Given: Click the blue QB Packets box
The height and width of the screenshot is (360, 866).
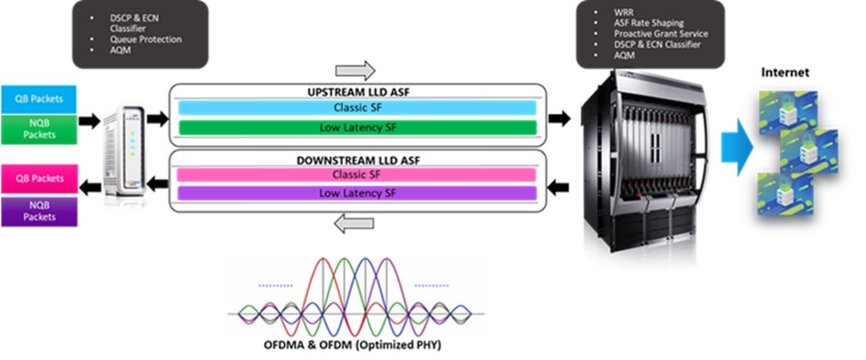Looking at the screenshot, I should (38, 97).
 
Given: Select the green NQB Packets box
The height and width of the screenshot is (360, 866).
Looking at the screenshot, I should (38, 128).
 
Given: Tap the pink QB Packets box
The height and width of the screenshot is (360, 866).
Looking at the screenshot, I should (38, 178).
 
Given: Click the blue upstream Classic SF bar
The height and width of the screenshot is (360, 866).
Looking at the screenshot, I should (356, 107).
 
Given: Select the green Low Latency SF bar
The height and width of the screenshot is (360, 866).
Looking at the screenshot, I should (356, 127).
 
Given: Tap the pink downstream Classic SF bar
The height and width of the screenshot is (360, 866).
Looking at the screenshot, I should (356, 174).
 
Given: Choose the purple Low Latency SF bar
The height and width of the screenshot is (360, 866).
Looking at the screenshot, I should (356, 192).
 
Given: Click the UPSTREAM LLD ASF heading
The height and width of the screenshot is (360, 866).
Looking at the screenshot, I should (356, 92).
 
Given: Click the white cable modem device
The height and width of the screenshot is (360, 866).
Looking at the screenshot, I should (123, 151).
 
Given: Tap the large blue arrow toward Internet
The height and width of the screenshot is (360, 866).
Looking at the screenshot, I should (732, 143).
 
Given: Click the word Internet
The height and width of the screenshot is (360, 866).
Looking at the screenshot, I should (785, 71).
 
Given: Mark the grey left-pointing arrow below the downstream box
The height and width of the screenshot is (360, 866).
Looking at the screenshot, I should (355, 225).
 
